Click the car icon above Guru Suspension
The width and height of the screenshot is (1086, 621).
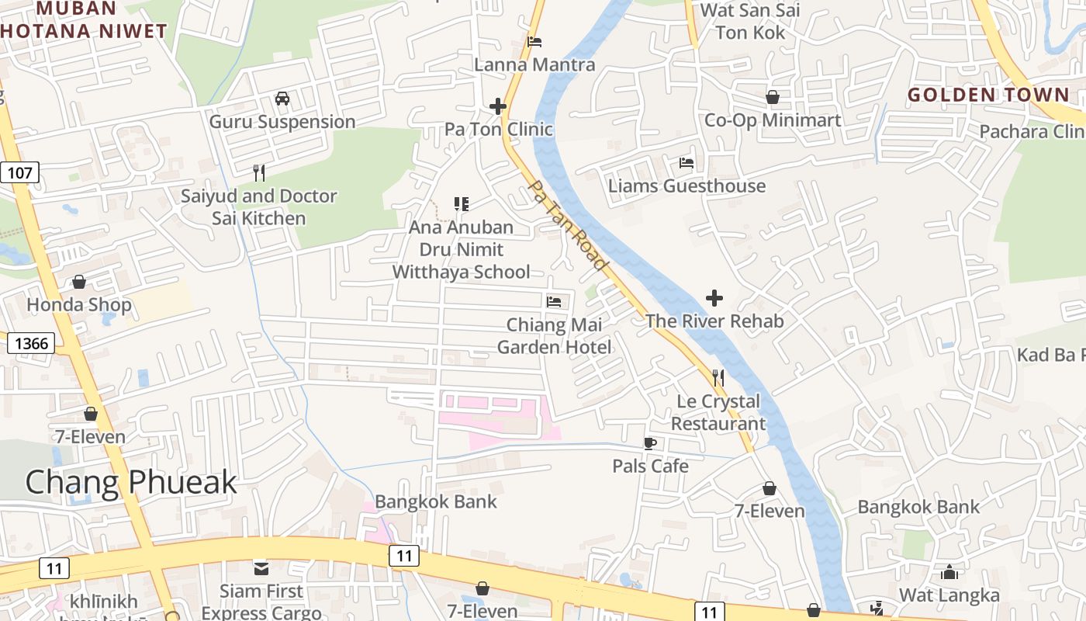coord(282,99)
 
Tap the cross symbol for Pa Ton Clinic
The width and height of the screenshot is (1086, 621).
coord(498,106)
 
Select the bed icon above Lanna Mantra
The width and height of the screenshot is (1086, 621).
coord(534,42)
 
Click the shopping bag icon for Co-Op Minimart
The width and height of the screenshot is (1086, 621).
coord(773,98)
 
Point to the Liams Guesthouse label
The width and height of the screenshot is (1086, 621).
coord(687,186)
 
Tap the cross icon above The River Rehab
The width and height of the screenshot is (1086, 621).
coord(714,298)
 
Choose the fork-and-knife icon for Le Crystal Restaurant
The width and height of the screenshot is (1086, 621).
coord(718,378)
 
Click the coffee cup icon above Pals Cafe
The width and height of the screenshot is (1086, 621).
coord(650,443)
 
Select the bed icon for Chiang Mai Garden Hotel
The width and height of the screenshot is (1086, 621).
coord(554,301)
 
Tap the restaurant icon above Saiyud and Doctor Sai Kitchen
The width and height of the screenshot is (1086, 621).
coord(259,173)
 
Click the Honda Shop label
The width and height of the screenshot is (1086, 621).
coord(79,305)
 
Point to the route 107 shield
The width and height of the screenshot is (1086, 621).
coord(19,172)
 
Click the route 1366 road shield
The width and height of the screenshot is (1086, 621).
coord(31,343)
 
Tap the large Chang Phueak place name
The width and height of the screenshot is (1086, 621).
coord(131,482)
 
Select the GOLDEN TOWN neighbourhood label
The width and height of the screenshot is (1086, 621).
coord(988,95)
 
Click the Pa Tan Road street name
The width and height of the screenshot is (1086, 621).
coord(567,225)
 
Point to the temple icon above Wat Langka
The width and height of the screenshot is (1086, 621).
coord(949,573)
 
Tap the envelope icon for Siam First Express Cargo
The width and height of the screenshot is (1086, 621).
coord(261,568)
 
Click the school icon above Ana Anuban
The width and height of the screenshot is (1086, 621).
coord(462,204)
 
